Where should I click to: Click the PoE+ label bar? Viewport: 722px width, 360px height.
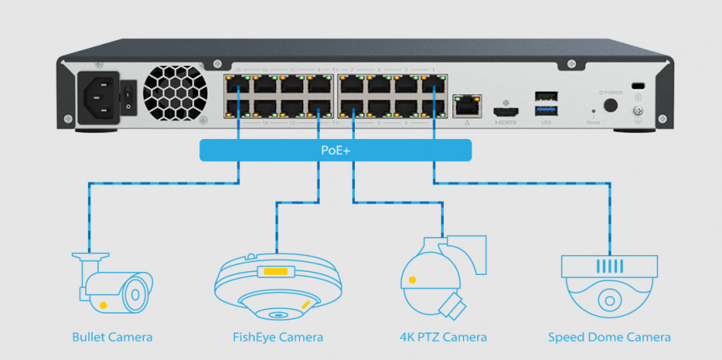[x=335, y=150]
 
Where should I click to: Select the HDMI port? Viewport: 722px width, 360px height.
[x=505, y=107]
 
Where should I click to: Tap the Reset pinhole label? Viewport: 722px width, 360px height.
[x=594, y=120]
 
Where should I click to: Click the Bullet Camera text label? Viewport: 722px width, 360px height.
[x=112, y=337]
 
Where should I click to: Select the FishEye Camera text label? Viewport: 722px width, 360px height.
[x=277, y=337]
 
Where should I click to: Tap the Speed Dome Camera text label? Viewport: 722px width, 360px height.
[x=610, y=337]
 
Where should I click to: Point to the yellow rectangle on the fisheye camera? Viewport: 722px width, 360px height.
[x=276, y=271]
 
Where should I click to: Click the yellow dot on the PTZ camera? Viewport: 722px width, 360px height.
[x=413, y=280]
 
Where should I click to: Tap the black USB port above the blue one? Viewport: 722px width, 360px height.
[x=545, y=96]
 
